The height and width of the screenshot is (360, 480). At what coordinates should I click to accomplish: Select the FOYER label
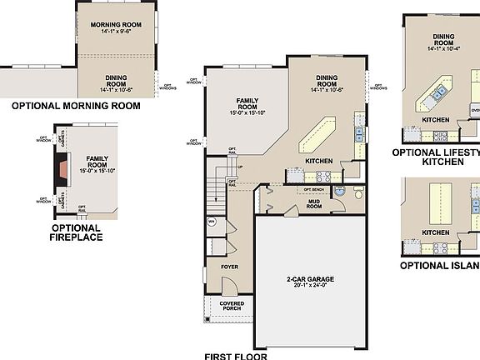pyautogui.click(x=229, y=267)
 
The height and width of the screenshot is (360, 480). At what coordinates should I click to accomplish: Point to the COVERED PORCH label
pyautogui.click(x=232, y=307)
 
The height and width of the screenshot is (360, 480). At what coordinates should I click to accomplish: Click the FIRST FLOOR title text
pyautogui.click(x=236, y=354)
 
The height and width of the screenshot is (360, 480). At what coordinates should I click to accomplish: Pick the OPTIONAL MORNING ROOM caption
pyautogui.click(x=75, y=107)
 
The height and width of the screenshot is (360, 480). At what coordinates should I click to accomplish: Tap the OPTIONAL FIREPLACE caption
pyautogui.click(x=77, y=232)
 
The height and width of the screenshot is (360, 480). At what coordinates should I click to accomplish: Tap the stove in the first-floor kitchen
pyautogui.click(x=322, y=176)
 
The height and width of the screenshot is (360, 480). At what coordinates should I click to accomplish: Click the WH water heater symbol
pyautogui.click(x=211, y=222)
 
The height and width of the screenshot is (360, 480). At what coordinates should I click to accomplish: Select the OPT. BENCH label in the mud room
pyautogui.click(x=313, y=189)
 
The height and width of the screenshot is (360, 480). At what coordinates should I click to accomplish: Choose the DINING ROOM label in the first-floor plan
pyautogui.click(x=327, y=82)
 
